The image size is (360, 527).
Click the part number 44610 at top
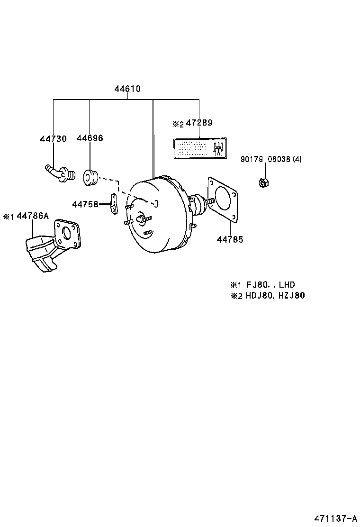coord(127,89)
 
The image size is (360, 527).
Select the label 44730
coord(53,138)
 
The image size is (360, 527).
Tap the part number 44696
coord(90,138)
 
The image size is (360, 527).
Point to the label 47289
coord(199,123)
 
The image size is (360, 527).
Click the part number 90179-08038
coord(265,159)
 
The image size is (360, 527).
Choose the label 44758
coord(85,204)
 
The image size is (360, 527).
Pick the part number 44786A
coord(33,216)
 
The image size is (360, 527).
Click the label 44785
coord(230,240)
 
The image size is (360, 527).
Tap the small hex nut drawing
coord(264,182)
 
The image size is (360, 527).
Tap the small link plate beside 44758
coord(114,203)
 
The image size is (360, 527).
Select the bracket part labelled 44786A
coord(52,245)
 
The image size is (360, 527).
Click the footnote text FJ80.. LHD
coord(270,285)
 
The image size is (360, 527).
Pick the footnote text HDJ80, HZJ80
coord(275,296)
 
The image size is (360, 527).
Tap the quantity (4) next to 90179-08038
coord(297,159)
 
